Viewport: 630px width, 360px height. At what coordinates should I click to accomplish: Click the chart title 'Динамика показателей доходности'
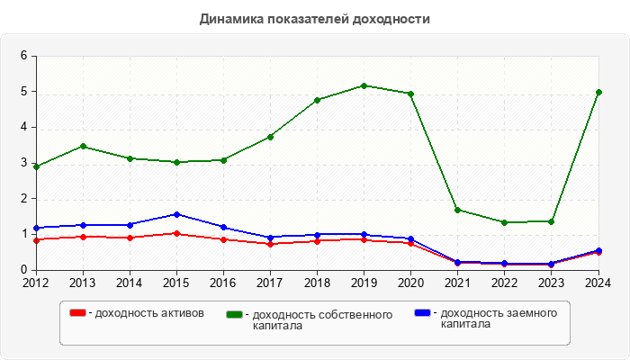[x=314, y=18]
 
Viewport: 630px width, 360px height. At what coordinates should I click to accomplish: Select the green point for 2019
[x=364, y=85]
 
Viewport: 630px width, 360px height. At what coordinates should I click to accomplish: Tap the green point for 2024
[x=598, y=93]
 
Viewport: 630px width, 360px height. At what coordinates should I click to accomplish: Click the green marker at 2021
[x=457, y=210]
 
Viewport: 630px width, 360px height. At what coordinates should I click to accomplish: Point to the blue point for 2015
[x=176, y=214]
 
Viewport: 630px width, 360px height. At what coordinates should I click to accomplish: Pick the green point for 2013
[x=83, y=146]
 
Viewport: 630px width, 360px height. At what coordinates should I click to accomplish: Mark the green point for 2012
[x=36, y=166]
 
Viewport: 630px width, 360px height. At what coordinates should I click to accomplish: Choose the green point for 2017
[x=270, y=137]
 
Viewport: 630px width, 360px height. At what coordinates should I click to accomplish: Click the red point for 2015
[x=176, y=233]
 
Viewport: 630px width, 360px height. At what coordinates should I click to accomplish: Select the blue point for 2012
[x=36, y=228]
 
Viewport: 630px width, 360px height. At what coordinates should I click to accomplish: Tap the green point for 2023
[x=551, y=221]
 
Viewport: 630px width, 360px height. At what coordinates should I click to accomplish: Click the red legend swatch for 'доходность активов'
[x=78, y=313]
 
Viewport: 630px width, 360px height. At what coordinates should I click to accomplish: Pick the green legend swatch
[x=235, y=314]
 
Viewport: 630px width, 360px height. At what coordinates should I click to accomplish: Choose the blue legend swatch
[x=422, y=313]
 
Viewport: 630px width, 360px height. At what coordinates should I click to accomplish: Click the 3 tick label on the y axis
[x=24, y=163]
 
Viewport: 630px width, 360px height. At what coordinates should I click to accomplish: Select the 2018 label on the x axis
[x=317, y=283]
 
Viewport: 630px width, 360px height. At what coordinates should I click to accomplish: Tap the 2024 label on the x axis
[x=598, y=283]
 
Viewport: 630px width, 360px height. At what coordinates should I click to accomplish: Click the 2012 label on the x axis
[x=36, y=283]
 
